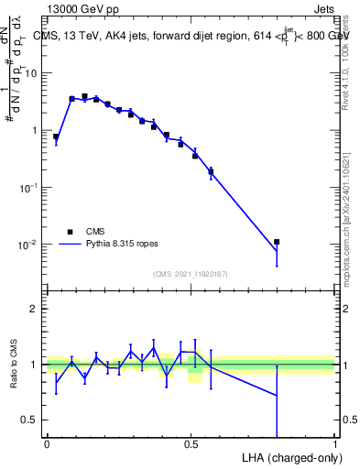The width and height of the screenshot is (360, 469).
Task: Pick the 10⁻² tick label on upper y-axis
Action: pyautogui.click(x=31, y=244)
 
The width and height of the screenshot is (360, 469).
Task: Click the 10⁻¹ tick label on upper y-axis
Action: pyautogui.click(x=31, y=187)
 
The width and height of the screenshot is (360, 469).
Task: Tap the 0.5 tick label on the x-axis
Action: pyautogui.click(x=191, y=444)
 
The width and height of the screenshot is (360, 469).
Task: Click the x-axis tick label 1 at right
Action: pyautogui.click(x=335, y=444)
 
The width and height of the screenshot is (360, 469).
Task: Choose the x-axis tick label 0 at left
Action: pyautogui.click(x=47, y=444)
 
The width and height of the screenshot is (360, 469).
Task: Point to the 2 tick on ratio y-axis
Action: pyautogui.click(x=37, y=309)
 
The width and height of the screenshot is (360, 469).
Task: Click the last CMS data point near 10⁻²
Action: pyautogui.click(x=277, y=242)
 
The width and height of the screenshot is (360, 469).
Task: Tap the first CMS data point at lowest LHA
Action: pyautogui.click(x=56, y=136)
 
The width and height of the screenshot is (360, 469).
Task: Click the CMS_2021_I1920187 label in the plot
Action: pyautogui.click(x=190, y=274)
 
